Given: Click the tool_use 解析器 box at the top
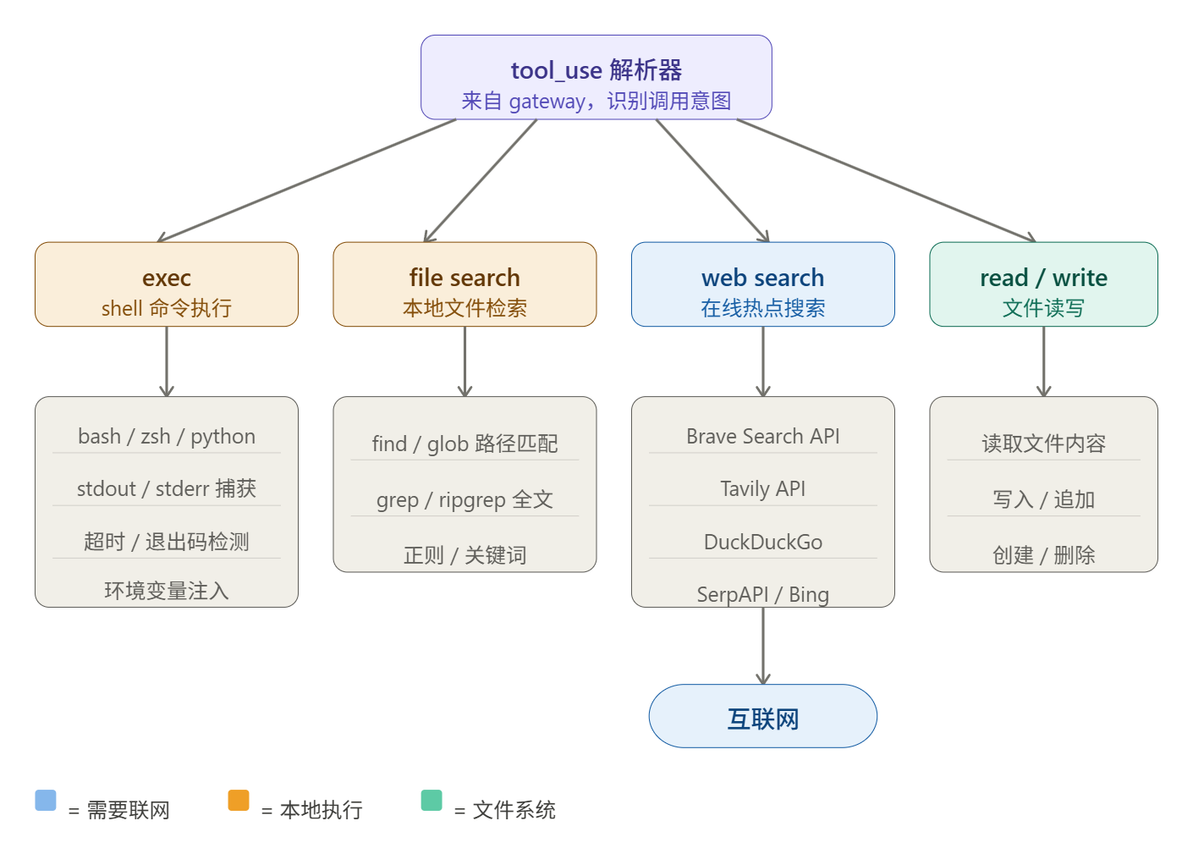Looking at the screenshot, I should click(596, 77).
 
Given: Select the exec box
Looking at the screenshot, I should click(167, 284).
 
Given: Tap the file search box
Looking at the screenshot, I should click(465, 284).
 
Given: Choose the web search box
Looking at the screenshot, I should click(762, 284).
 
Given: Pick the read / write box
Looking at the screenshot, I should click(1043, 284).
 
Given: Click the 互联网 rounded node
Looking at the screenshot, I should click(762, 716).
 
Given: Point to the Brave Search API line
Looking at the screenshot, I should click(762, 436).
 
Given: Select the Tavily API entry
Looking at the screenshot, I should click(762, 488).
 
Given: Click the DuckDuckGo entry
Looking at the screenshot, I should click(762, 542).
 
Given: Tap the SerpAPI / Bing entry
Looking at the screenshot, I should click(762, 594).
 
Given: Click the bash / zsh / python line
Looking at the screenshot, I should click(167, 436).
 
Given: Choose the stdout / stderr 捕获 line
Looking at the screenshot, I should click(167, 488).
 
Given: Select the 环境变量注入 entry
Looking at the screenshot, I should click(167, 590).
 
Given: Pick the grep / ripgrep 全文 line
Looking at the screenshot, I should click(465, 499).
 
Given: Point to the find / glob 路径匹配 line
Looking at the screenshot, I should click(465, 444).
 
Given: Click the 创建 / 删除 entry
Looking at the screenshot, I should click(1043, 555).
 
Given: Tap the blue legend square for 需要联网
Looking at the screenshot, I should click(46, 800).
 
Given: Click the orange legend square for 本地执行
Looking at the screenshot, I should click(239, 800).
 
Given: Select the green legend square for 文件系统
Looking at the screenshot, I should click(432, 800).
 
